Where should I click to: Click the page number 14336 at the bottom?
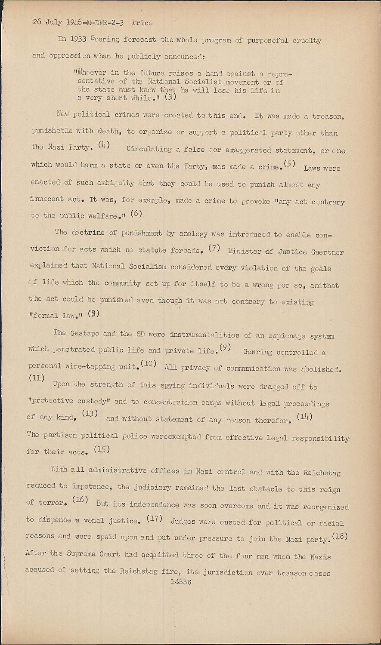[181, 583]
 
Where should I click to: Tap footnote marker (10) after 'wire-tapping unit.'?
[149, 364]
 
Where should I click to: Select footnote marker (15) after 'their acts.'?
[102, 449]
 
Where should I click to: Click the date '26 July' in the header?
[49, 22]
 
